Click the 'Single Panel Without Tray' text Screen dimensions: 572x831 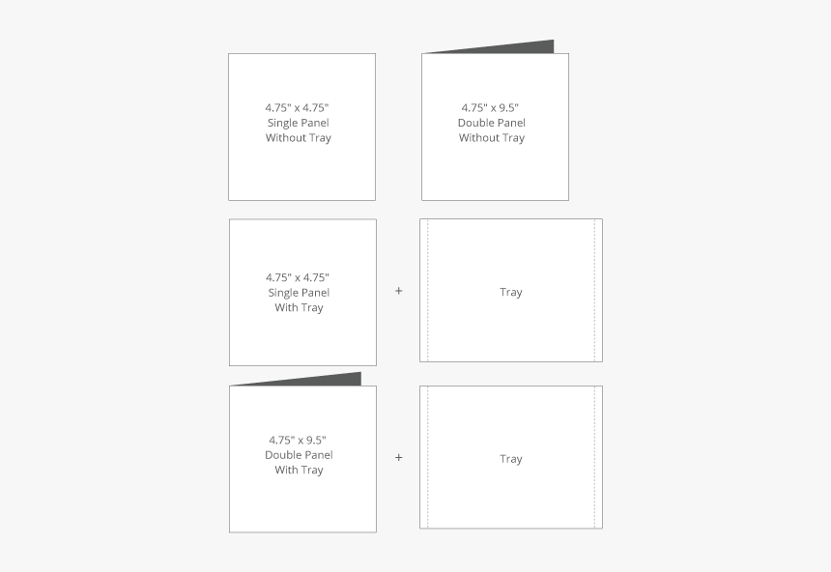pos(299,130)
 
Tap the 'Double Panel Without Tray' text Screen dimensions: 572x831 pos(492,130)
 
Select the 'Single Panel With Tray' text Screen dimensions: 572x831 pos(299,300)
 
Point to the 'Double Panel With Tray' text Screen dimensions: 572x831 pos(299,463)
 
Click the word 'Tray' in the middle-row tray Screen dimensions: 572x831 pos(511,292)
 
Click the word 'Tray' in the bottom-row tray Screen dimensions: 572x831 pos(511,459)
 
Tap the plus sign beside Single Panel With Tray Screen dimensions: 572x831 pos(398,290)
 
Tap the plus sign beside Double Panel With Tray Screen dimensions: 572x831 pos(398,457)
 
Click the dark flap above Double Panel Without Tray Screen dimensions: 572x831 pos(522,47)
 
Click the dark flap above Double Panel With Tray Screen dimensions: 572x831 pos(329,380)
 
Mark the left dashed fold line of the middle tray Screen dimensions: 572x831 pos(428,290)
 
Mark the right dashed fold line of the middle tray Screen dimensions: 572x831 pos(594,290)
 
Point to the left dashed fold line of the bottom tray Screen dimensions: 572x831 pos(428,457)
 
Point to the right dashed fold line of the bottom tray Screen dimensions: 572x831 pos(594,457)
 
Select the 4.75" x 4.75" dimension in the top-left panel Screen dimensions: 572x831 pos(299,107)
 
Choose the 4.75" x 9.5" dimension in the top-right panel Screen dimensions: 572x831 pos(492,107)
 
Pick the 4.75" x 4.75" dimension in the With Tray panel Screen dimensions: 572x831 pos(299,277)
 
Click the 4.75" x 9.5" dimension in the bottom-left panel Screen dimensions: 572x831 pos(299,440)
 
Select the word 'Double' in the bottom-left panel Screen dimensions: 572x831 pos(285,455)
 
